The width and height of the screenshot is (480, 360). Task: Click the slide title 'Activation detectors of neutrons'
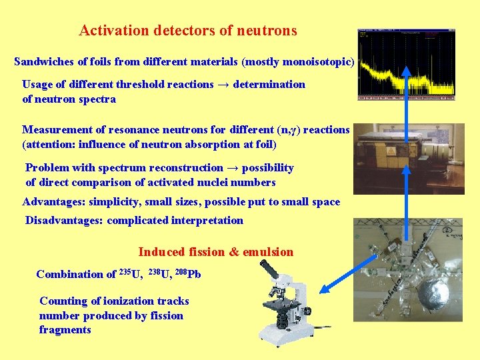pyautogui.click(x=187, y=31)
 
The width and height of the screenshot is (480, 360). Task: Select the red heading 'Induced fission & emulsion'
pyautogui.click(x=215, y=252)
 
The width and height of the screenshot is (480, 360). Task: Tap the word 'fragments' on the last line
pyautogui.click(x=65, y=330)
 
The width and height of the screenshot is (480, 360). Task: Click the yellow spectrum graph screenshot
pyautogui.click(x=406, y=65)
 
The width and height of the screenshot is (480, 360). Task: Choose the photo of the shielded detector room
pyautogui.click(x=409, y=158)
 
